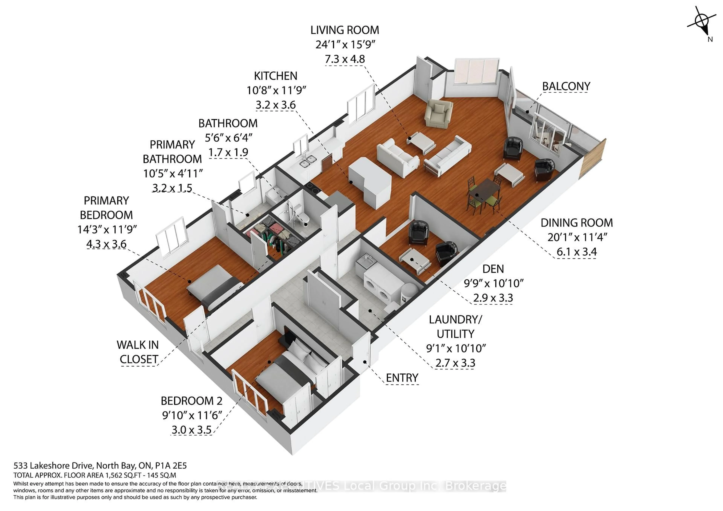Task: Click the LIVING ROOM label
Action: (x=345, y=30)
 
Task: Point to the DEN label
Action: (x=493, y=269)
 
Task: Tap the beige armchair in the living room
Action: (x=438, y=114)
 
